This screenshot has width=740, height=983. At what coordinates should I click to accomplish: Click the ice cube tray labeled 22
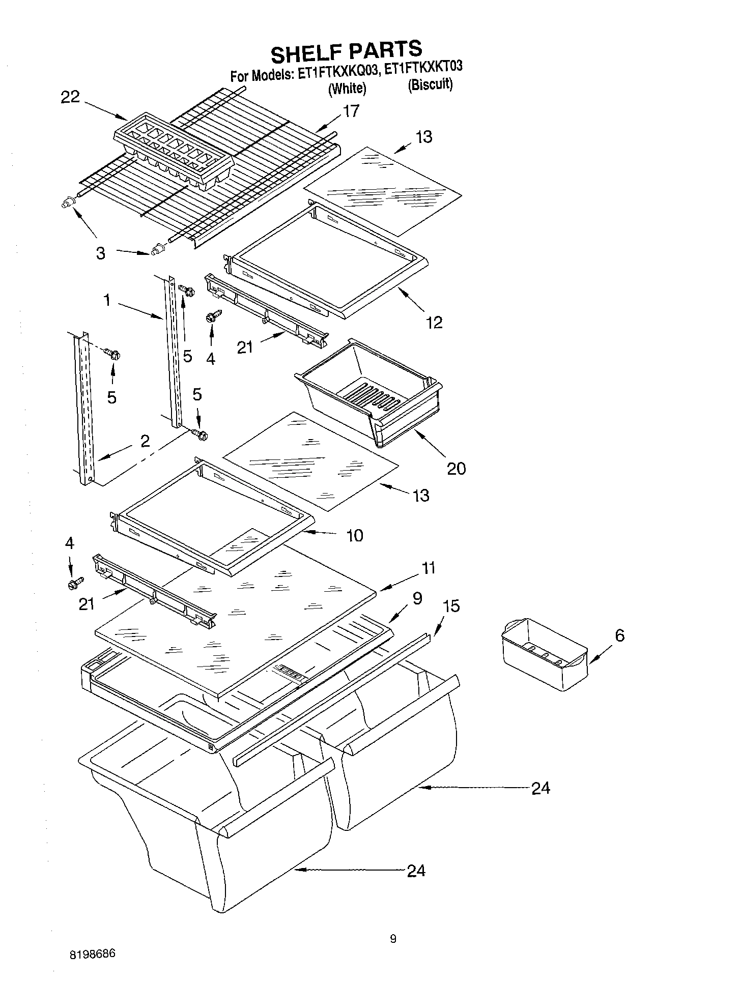[173, 150]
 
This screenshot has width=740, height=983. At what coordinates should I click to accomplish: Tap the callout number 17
[351, 111]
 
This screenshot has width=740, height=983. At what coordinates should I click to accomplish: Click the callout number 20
[456, 468]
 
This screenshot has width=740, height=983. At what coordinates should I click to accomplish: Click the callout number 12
[435, 322]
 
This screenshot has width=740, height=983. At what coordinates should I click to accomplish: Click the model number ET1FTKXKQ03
[339, 72]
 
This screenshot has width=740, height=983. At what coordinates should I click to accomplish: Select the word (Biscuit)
[430, 84]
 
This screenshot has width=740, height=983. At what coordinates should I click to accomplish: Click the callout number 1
[107, 300]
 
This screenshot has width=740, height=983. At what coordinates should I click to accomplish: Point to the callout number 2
[145, 441]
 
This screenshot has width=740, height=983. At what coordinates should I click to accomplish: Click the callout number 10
[355, 535]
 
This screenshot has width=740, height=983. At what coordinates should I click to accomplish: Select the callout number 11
[429, 568]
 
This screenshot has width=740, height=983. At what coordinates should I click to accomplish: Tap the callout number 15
[451, 605]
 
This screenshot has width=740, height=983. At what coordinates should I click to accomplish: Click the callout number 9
[417, 598]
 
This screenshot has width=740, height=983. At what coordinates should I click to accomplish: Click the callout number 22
[70, 97]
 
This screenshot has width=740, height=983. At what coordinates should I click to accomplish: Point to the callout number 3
[101, 253]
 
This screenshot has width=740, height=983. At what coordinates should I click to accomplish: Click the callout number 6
[619, 635]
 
